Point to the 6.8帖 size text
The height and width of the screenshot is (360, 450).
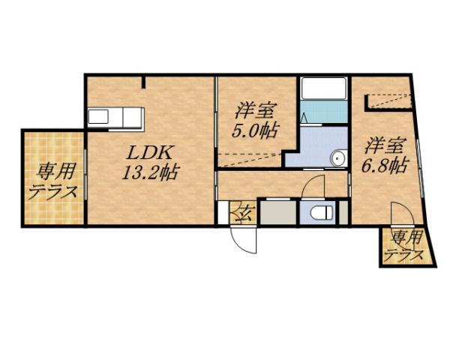point(387,164)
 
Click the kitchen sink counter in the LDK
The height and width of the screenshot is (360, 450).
point(115,118)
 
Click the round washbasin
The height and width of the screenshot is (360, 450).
point(339,158)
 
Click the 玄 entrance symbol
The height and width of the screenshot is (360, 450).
point(242,212)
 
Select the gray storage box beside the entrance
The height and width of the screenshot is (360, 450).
point(276,211)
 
